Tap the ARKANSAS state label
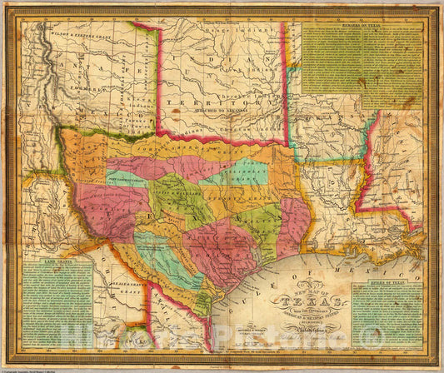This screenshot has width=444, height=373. click(x=312, y=121)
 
